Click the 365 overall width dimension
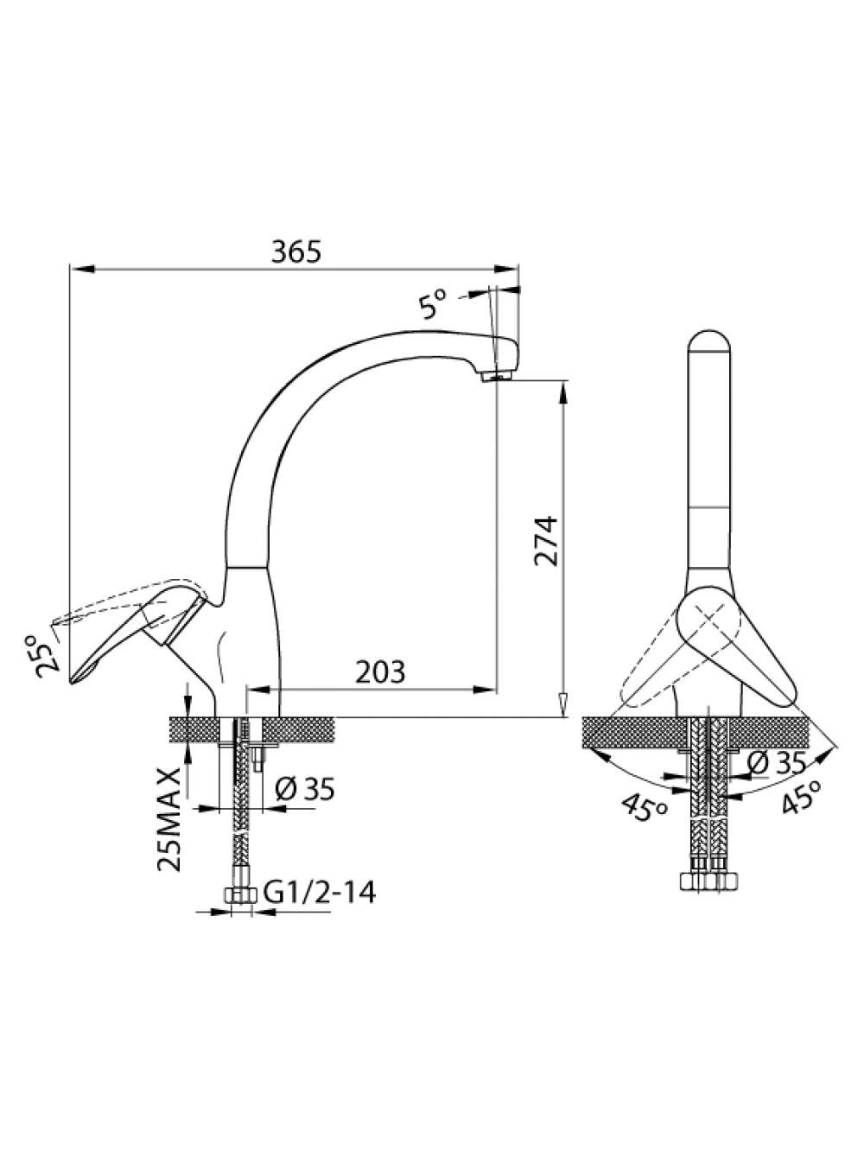295,251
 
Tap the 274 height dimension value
545,541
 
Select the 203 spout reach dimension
380,671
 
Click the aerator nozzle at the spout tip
496,376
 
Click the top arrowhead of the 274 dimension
563,393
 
